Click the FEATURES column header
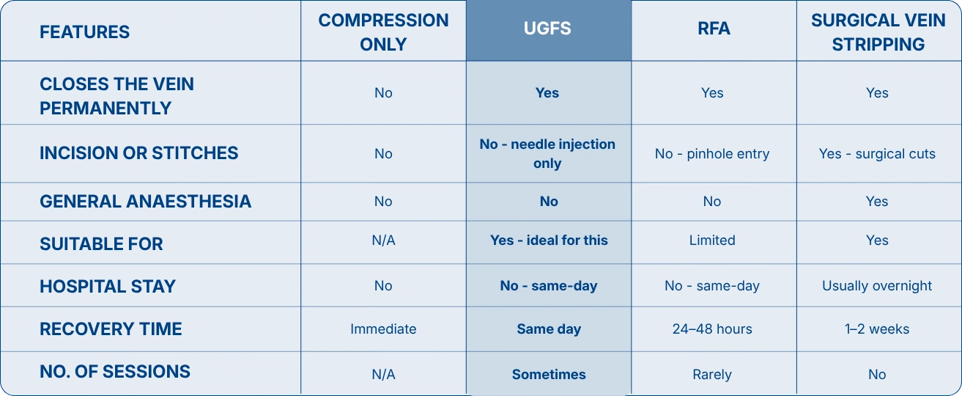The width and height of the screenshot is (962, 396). click(x=84, y=32)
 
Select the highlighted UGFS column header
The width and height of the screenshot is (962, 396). click(x=547, y=29)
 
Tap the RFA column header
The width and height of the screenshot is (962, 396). click(x=714, y=29)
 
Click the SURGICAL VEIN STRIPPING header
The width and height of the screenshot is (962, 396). click(x=878, y=32)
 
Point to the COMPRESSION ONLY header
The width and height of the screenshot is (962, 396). click(x=383, y=32)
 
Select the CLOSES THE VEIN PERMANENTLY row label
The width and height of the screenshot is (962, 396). click(x=116, y=96)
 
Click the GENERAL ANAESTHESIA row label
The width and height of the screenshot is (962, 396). click(x=145, y=201)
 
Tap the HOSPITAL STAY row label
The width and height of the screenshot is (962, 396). click(x=108, y=286)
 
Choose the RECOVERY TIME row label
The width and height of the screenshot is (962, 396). click(x=111, y=329)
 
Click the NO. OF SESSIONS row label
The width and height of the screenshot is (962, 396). click(x=115, y=372)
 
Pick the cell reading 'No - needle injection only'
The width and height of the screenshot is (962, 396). click(x=547, y=153)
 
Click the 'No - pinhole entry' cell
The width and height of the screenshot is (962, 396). click(x=712, y=153)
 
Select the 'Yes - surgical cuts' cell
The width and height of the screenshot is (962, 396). click(x=877, y=153)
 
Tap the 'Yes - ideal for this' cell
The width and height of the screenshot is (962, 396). click(x=549, y=240)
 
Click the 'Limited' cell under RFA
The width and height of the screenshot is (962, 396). click(x=712, y=240)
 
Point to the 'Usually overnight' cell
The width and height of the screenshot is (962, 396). click(x=877, y=286)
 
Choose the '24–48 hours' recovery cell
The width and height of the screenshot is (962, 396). click(x=712, y=329)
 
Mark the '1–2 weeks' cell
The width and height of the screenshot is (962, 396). click(x=877, y=329)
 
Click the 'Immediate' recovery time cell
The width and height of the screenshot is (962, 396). click(x=383, y=329)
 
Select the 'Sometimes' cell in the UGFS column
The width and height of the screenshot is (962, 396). click(x=549, y=375)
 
